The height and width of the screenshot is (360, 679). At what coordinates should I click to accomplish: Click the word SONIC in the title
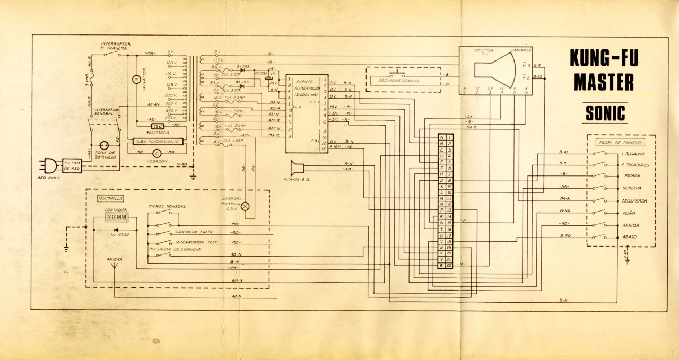(605, 113)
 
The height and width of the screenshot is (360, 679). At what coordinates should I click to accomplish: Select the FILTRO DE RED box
(71, 165)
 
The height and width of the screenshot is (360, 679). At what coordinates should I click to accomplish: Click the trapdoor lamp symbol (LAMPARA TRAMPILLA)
(245, 207)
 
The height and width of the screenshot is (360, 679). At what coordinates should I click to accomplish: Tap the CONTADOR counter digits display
(116, 217)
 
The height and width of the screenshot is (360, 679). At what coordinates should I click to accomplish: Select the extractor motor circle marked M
(136, 79)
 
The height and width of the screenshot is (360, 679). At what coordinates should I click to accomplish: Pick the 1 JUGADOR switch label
(632, 154)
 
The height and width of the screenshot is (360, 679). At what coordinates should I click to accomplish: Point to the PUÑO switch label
(628, 213)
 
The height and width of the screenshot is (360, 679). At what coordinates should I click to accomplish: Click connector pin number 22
(449, 265)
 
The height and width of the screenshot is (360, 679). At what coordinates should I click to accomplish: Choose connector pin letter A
(441, 137)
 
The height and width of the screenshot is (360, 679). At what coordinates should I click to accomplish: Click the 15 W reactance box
(158, 126)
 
